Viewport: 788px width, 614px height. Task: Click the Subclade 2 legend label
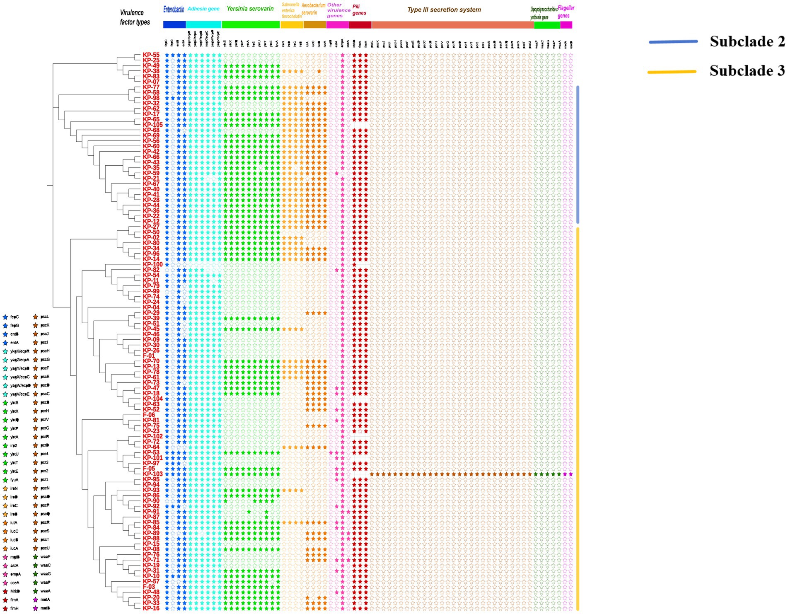pyautogui.click(x=747, y=41)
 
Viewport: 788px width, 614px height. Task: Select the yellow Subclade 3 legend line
pyautogui.click(x=672, y=72)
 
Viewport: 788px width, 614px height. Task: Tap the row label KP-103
pyautogui.click(x=152, y=474)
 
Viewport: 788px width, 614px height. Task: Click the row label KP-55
pyautogui.click(x=151, y=55)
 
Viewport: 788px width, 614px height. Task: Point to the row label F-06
pyautogui.click(x=149, y=415)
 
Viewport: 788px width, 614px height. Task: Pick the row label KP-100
pyautogui.click(x=152, y=265)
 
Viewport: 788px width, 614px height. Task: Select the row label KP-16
pyautogui.click(x=151, y=608)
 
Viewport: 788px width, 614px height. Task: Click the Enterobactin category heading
pyautogui.click(x=174, y=10)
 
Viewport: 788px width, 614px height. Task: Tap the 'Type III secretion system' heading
pyautogui.click(x=444, y=10)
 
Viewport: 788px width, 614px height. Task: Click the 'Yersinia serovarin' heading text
pyautogui.click(x=250, y=8)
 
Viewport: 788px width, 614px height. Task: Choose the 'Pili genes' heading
pyautogui.click(x=359, y=10)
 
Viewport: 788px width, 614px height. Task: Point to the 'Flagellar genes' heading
pyautogui.click(x=566, y=12)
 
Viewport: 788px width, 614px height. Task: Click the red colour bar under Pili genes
pyautogui.click(x=360, y=25)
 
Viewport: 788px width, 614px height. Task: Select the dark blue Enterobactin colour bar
pyautogui.click(x=174, y=25)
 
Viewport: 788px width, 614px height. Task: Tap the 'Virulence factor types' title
pyautogui.click(x=135, y=17)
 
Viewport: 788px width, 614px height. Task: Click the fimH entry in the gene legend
pyautogui.click(x=14, y=608)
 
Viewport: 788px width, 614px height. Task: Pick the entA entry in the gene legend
pyautogui.click(x=14, y=343)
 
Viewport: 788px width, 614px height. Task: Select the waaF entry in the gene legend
pyautogui.click(x=45, y=557)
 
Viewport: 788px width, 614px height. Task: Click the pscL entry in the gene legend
pyautogui.click(x=44, y=317)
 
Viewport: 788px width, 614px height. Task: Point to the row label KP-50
pyautogui.click(x=151, y=232)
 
